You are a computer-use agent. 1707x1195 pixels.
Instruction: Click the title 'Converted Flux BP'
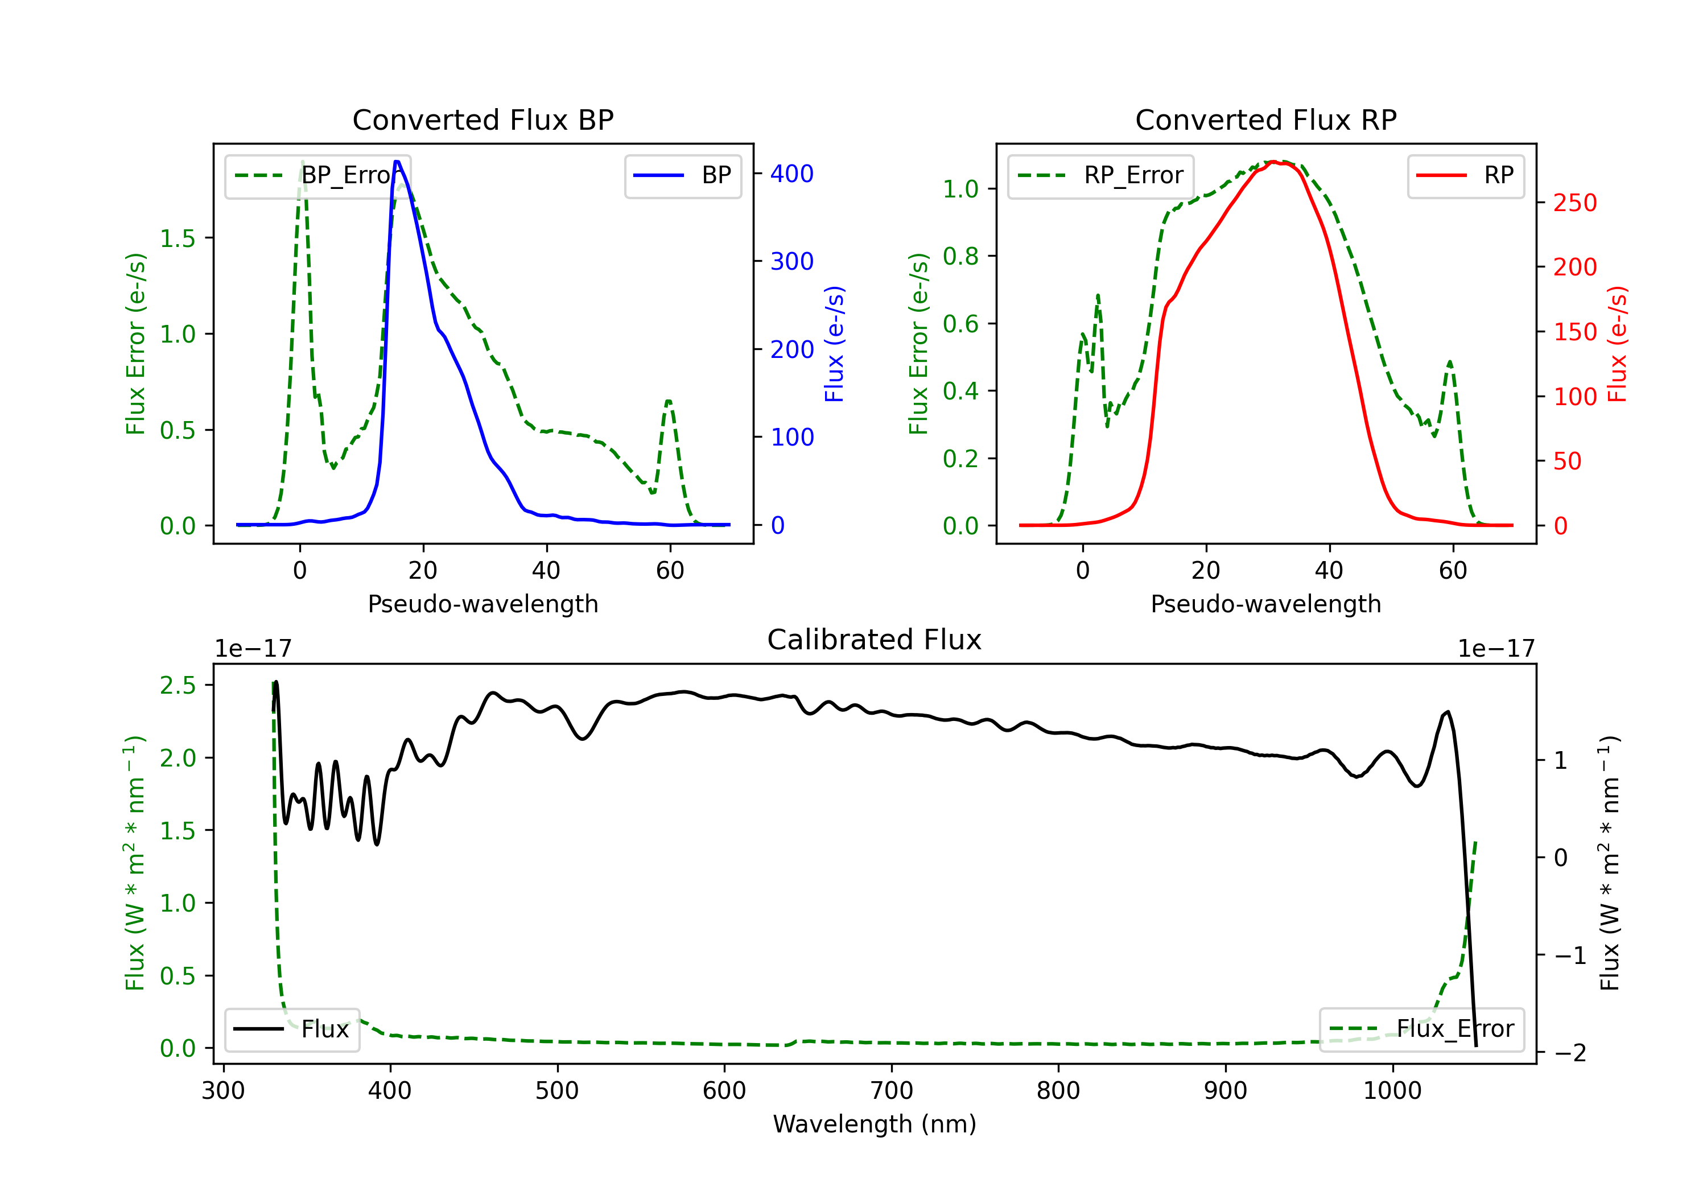[483, 119]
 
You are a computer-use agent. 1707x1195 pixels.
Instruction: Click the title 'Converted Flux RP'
[1265, 119]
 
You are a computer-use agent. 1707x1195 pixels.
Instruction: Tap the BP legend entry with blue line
[682, 175]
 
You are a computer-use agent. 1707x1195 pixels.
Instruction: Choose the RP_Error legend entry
[1100, 175]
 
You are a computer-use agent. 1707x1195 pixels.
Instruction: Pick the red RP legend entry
[1465, 175]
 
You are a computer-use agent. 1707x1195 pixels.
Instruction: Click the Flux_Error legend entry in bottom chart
[1421, 1029]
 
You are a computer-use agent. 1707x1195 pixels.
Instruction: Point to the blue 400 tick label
[792, 174]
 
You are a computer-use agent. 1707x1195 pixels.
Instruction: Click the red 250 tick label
[1574, 203]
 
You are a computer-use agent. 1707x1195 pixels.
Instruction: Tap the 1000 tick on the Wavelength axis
[1392, 1091]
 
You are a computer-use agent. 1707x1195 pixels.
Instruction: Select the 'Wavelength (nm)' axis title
[875, 1124]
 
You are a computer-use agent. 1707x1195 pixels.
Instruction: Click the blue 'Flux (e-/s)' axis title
[834, 344]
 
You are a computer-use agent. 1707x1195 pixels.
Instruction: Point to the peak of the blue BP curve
[397, 162]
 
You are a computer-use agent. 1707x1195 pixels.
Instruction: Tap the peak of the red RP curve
[1273, 162]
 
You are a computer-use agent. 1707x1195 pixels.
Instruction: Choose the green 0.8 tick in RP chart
[960, 257]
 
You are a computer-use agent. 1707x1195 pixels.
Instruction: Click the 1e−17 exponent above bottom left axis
[253, 649]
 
